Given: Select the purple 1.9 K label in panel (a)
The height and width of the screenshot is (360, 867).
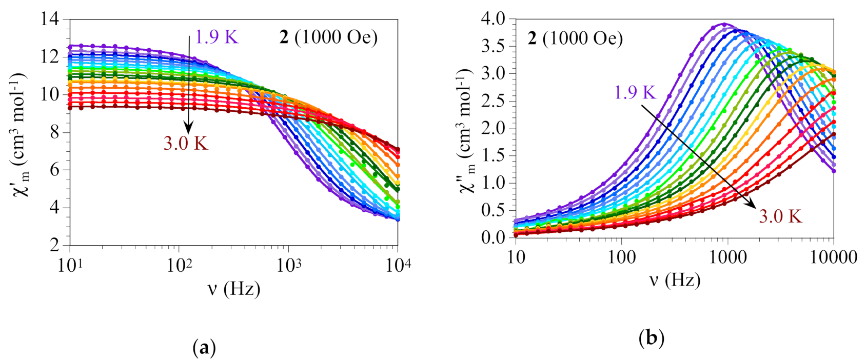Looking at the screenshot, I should pos(216,37).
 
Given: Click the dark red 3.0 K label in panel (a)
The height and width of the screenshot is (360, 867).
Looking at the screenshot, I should pos(186,144).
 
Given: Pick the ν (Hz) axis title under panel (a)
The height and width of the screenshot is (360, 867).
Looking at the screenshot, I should pos(233,289).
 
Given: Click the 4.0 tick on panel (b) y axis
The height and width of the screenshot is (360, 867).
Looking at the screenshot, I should pos(493,19).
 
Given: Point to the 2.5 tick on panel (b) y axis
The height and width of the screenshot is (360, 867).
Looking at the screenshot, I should pos(493,101).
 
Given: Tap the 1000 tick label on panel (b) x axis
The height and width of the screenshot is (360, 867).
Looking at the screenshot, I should pos(727,256).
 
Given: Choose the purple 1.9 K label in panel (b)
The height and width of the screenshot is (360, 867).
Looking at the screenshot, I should pos(635,92).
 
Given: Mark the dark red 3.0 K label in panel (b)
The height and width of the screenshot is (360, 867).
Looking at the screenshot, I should pos(780,216).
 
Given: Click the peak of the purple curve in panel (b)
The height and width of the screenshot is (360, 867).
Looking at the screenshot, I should pos(724,24).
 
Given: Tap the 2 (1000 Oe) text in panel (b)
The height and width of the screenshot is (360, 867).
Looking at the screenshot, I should pos(575,38).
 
